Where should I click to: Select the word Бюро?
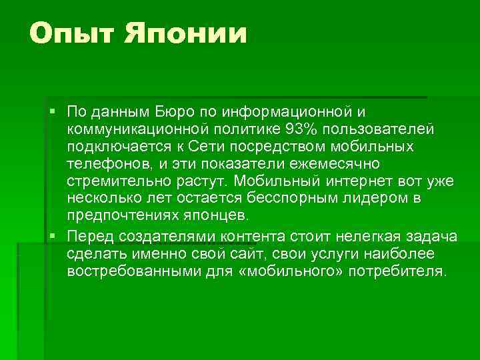[175, 110]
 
